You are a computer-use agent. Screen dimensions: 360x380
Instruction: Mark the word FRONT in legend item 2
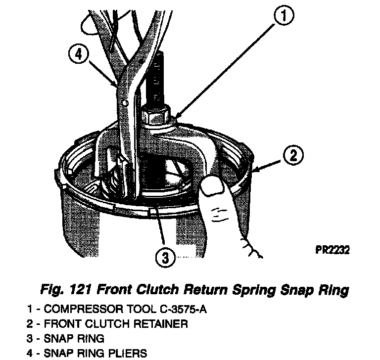[59, 324]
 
